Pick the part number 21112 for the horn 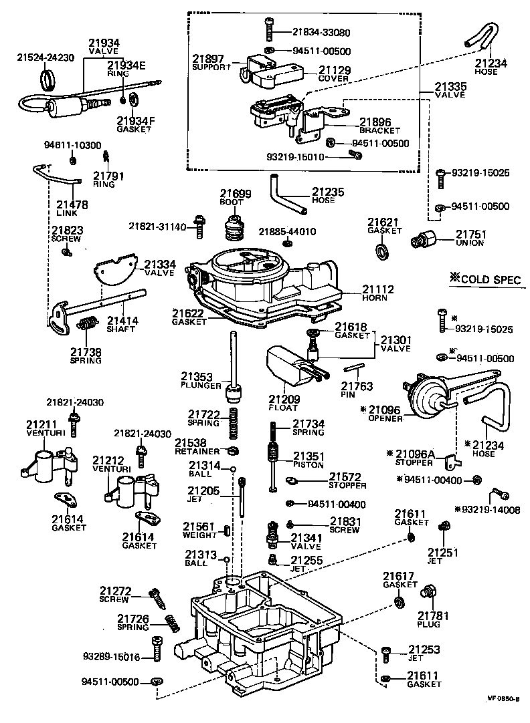point(377,289)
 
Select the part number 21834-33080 point(321,31)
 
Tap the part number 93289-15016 point(112,658)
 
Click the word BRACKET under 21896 point(379,130)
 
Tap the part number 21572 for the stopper point(345,476)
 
